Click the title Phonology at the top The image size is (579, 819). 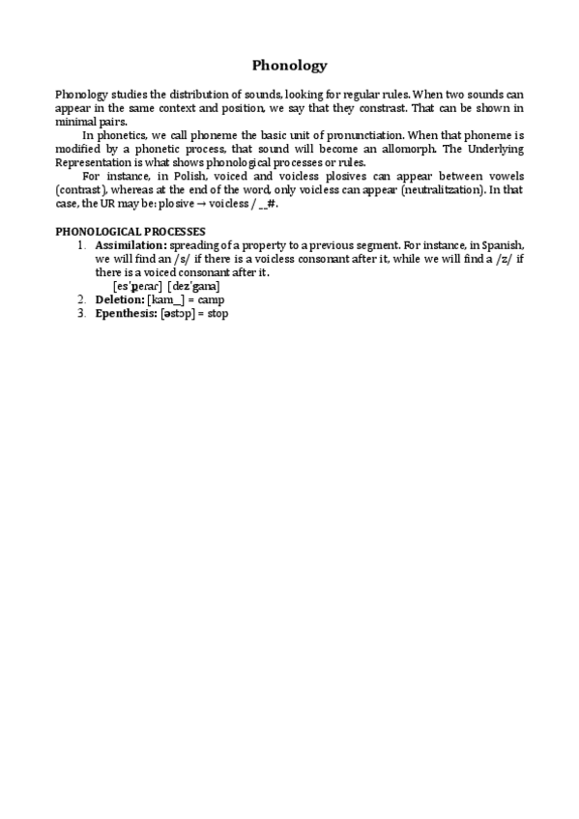tap(289, 66)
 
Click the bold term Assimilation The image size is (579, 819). tap(130, 246)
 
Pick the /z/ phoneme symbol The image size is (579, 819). tap(489, 260)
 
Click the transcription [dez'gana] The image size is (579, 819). tap(193, 287)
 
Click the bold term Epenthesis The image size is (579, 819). tap(126, 314)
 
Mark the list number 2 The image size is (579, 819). tap(81, 300)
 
